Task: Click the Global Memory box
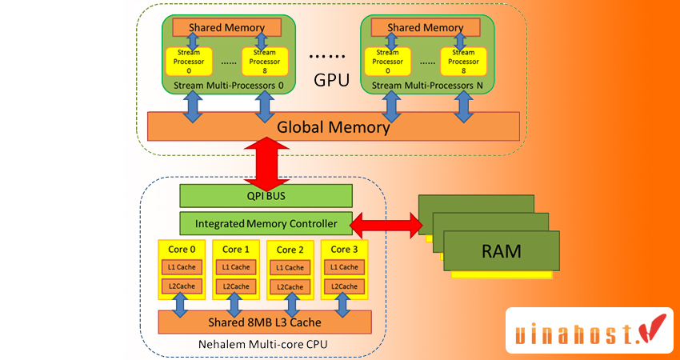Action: point(334,126)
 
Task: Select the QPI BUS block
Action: point(265,195)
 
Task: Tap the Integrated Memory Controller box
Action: point(265,223)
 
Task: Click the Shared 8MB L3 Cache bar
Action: point(265,322)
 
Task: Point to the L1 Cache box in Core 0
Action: point(183,267)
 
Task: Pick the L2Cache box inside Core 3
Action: point(346,286)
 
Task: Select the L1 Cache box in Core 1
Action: point(237,267)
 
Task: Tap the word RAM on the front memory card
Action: point(501,251)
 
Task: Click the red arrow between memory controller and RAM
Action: point(386,224)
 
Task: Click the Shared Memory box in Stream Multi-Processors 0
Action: point(223,27)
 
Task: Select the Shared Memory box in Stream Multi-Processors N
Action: point(424,27)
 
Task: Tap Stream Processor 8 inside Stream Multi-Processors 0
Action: point(264,61)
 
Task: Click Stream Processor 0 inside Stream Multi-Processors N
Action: point(387,61)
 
